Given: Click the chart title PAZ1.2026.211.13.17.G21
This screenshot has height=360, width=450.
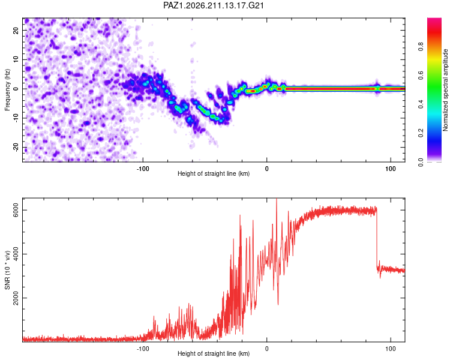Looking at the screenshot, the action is point(213,5).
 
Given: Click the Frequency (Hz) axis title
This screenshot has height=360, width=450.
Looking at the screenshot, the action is point(7,90).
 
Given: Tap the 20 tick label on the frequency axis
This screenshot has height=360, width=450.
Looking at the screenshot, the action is point(16,30).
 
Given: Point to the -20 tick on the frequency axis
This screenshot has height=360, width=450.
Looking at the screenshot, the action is point(16,148).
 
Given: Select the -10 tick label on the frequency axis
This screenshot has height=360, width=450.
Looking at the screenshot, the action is point(16,118).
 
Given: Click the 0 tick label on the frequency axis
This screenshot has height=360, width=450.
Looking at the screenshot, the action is point(16,89).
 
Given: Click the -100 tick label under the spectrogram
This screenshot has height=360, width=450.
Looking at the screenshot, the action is point(143,169).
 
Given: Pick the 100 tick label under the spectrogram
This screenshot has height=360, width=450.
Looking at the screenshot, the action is point(391,169).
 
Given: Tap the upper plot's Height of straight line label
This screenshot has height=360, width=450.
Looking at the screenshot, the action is point(214,173).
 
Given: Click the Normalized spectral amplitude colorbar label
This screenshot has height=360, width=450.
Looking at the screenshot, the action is point(445,90).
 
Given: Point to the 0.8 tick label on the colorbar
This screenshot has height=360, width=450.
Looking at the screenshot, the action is point(421,46).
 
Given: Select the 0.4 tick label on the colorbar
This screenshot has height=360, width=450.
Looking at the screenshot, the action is point(421,104).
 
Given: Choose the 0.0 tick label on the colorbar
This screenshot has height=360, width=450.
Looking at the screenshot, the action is point(421,162).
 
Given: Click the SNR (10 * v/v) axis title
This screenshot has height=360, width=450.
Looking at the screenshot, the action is point(7,270).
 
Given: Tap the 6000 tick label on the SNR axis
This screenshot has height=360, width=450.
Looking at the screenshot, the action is point(16,210).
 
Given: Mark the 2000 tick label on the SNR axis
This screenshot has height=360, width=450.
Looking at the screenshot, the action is point(16,298).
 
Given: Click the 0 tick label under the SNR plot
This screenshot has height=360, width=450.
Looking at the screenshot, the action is point(267,349).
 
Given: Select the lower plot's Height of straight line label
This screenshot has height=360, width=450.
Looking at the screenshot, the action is point(214,353).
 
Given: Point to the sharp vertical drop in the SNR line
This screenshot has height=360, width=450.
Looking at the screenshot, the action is point(377,238).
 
